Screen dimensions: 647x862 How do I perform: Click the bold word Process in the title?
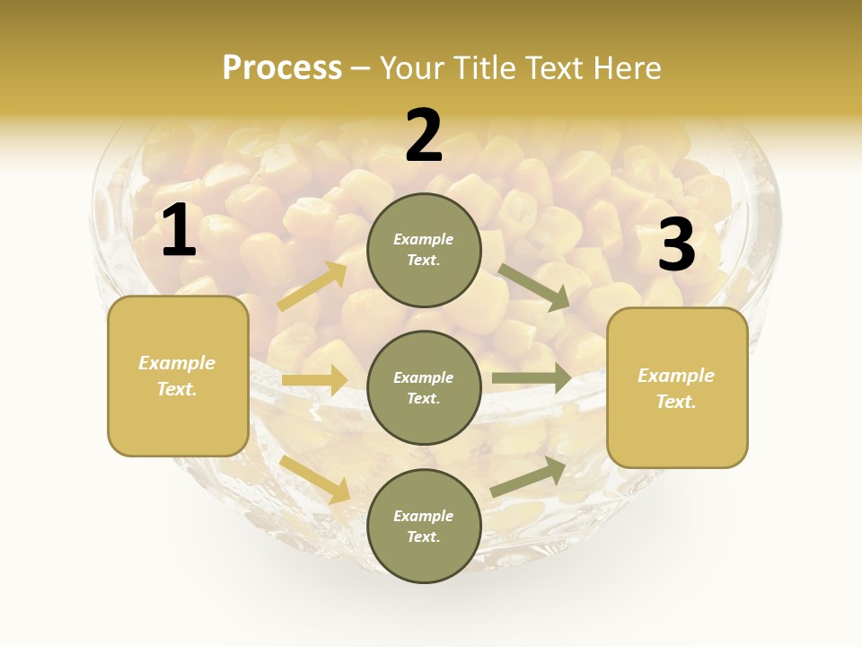pos(282,68)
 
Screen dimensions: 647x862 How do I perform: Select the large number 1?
pos(179,231)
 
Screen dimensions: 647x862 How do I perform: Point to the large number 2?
pos(424,137)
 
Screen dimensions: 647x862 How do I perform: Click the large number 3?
pos(676,245)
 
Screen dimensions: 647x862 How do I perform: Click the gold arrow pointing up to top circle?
pos(312,286)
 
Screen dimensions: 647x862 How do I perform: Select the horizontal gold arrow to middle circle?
pos(314,380)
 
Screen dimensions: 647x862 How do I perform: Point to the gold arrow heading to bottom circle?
pos(315,479)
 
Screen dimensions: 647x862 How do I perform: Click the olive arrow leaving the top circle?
pos(534,288)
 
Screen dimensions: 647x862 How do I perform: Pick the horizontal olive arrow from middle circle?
pos(531,377)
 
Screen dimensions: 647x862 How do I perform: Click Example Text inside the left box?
pos(177,376)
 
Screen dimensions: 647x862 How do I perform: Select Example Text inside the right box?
pos(676,388)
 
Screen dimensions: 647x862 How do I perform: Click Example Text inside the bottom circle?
pos(423,527)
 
